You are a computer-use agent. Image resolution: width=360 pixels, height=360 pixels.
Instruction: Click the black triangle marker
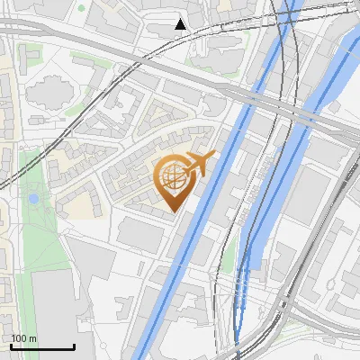tap(180, 23)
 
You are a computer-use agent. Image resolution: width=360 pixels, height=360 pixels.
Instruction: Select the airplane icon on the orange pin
tap(199, 163)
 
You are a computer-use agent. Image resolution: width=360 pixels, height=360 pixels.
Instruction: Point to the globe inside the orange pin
tap(174, 175)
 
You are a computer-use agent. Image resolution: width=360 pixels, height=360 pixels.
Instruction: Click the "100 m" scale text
tap(23, 338)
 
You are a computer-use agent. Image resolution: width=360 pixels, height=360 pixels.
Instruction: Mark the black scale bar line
tap(42, 346)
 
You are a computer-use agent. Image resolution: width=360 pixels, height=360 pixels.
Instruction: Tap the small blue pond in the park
tap(33, 198)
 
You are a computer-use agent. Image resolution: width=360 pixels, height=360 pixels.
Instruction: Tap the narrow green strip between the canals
tap(229, 256)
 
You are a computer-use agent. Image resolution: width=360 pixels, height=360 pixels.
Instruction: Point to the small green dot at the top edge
tap(81, 8)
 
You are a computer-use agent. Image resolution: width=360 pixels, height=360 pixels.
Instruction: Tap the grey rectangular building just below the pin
tap(139, 236)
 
